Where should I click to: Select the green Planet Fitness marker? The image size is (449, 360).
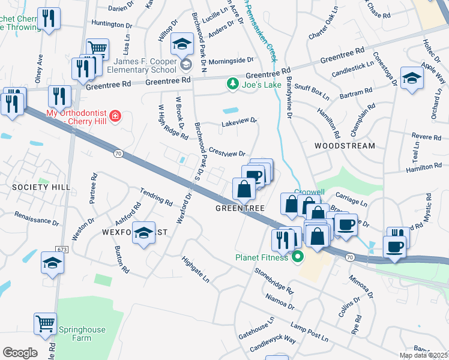[x=297, y=258]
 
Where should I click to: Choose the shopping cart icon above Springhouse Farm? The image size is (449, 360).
[x=45, y=324]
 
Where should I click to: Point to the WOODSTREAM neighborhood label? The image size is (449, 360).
[x=345, y=146]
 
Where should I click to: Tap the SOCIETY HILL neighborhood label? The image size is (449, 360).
[x=33, y=187]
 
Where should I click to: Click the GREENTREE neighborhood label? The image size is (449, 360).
[x=240, y=208]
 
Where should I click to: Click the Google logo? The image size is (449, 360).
[x=20, y=353]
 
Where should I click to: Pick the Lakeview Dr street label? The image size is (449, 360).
[x=239, y=121]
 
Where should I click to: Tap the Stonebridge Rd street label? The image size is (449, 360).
[x=274, y=280]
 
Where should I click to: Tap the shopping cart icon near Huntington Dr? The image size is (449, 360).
[x=97, y=48]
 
